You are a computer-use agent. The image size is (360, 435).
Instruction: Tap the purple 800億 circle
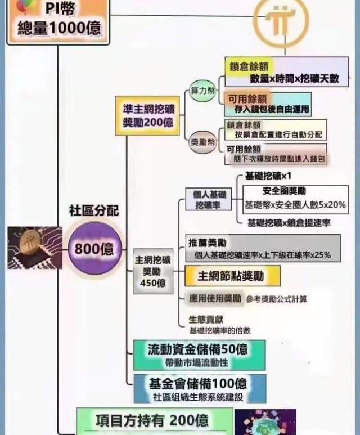pyautogui.click(x=90, y=248)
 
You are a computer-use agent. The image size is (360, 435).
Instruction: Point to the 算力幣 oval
pyautogui.click(x=202, y=91)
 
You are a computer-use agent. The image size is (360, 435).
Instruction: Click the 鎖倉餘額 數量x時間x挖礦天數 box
pyautogui.click(x=286, y=72)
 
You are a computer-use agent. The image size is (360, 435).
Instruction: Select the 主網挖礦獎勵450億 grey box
pyautogui.click(x=152, y=271)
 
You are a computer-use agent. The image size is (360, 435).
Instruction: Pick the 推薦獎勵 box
pyautogui.click(x=263, y=249)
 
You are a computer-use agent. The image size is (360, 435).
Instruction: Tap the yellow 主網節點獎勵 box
pyautogui.click(x=232, y=276)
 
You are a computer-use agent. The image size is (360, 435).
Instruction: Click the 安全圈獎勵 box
pyautogui.click(x=295, y=199)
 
